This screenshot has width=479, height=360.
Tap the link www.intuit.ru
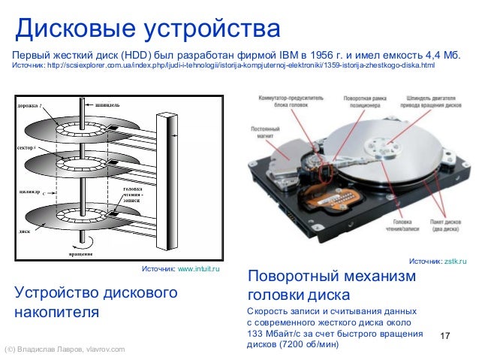point(198,268)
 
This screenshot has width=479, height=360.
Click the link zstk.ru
point(455,261)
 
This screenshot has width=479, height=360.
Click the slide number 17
point(447,334)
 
